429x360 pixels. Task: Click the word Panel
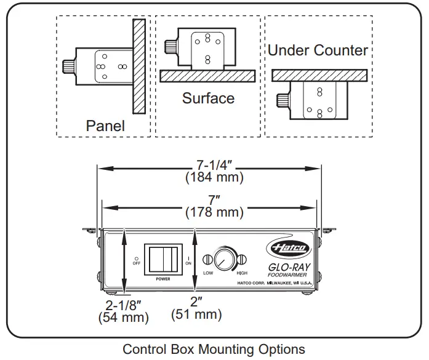[x=105, y=126]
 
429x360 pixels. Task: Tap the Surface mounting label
[x=208, y=98]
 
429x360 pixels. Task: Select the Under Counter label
[x=318, y=50]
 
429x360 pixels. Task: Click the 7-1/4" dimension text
[x=214, y=165]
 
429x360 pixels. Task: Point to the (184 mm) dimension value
[x=214, y=177]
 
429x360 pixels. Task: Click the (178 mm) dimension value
[x=214, y=212]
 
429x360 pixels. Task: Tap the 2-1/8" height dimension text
[x=123, y=305]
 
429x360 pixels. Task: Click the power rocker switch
[x=162, y=259]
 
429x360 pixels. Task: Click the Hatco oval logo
[x=289, y=248]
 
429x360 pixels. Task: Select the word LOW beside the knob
[x=207, y=273]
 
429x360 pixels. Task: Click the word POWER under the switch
[x=162, y=279]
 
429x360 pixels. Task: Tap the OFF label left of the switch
[x=137, y=263]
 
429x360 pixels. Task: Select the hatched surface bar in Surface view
[x=207, y=76]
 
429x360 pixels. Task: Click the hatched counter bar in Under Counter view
[x=319, y=75]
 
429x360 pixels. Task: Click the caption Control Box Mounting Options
[x=214, y=350]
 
